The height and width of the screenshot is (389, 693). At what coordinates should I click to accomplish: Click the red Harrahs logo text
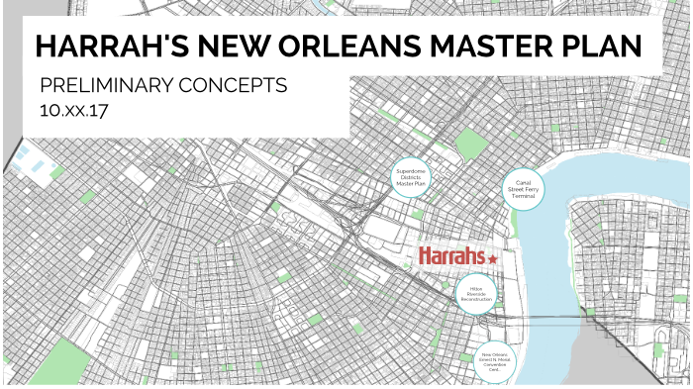pos(451,256)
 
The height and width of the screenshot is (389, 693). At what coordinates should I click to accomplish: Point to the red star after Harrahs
pos(493,256)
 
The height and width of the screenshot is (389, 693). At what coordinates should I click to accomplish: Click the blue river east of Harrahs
pos(554,247)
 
